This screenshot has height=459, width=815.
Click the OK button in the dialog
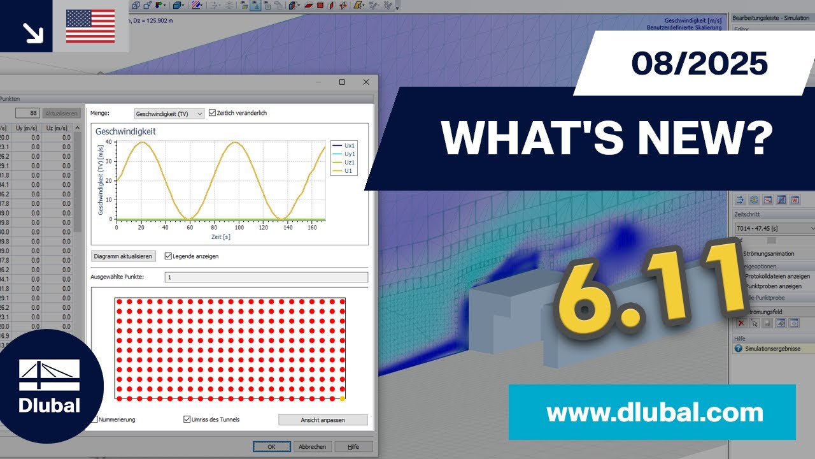(x=271, y=447)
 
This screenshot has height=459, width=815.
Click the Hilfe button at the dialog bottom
(x=353, y=447)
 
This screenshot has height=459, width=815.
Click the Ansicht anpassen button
(x=323, y=420)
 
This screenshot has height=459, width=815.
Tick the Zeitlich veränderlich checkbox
(x=213, y=113)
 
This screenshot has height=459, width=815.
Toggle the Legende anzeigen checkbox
(x=168, y=256)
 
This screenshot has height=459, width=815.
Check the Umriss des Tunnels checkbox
(x=187, y=419)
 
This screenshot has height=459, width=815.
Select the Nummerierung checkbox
(x=95, y=419)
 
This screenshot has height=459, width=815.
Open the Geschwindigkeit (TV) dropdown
(x=169, y=113)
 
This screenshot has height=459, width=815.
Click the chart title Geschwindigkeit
(x=125, y=131)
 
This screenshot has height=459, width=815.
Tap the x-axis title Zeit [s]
(x=220, y=237)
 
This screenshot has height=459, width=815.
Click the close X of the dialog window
(x=365, y=82)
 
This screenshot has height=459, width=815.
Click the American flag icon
(x=90, y=26)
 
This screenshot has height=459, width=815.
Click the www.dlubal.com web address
(x=655, y=412)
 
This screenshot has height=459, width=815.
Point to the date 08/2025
(x=699, y=64)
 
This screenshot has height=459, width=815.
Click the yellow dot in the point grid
(x=343, y=398)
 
